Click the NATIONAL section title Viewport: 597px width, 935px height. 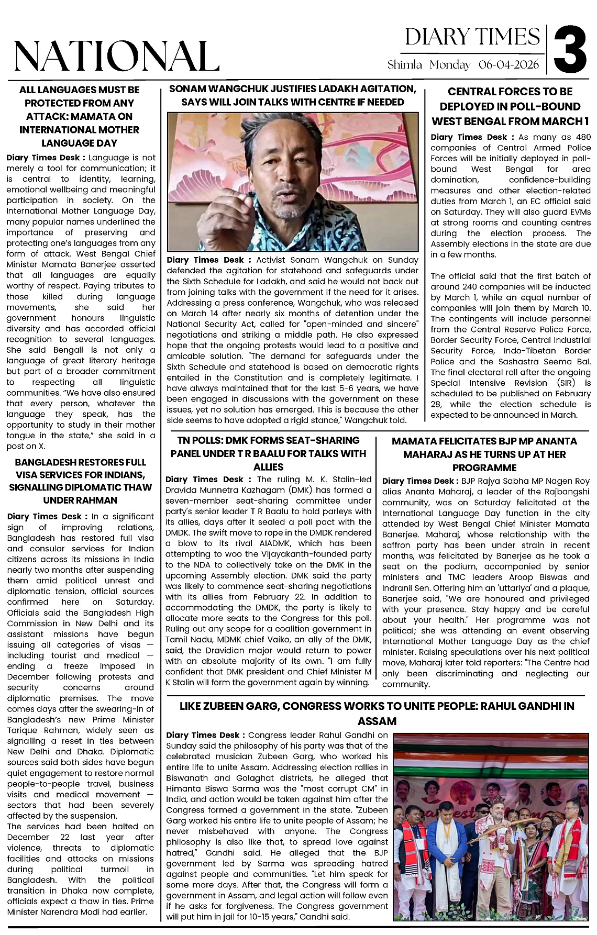pos(116,56)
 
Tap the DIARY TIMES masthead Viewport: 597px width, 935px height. pos(472,37)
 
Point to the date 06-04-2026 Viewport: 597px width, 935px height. pos(508,65)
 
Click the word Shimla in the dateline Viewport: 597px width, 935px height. pos(404,65)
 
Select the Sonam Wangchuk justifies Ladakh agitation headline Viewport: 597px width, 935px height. pos(293,95)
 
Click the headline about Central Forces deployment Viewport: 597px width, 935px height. pos(510,106)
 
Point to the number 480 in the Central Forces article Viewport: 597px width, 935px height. pos(583,137)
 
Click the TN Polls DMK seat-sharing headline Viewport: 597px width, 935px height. pos(268,453)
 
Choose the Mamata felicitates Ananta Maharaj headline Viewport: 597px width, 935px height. pos(484,454)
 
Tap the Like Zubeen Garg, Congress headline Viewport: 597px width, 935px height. pos(377,713)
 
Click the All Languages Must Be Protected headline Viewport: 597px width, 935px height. pos(80,116)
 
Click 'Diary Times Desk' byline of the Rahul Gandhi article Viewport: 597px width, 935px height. pos(206,735)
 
